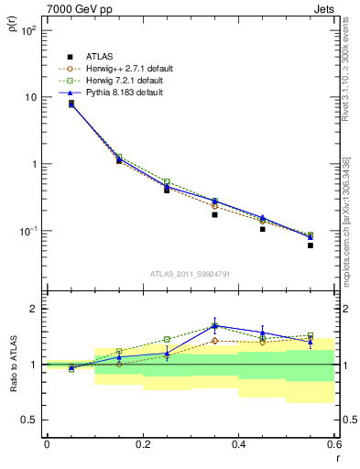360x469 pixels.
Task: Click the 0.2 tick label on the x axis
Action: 142,444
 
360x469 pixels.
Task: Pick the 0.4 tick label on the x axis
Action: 238,444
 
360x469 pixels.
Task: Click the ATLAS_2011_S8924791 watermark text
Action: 190,273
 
